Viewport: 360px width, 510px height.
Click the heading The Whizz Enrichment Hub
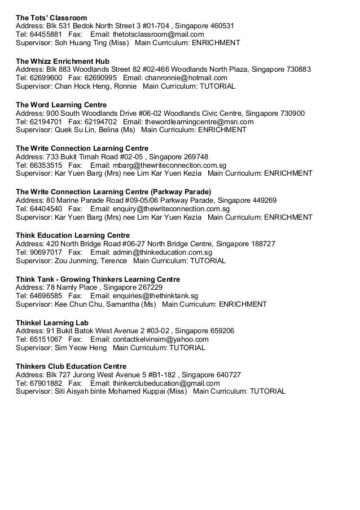tap(63, 61)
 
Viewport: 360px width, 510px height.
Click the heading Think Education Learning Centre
tap(73, 235)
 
